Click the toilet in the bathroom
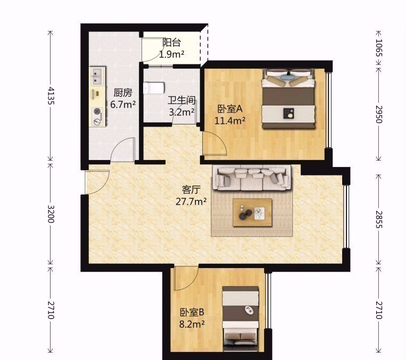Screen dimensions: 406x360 click(154, 88)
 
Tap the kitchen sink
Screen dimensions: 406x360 click(97, 77)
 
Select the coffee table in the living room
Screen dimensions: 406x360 click(252, 213)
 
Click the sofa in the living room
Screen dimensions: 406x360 click(251, 178)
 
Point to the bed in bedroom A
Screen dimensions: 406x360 click(288, 98)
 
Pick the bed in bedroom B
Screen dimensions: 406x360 click(241, 319)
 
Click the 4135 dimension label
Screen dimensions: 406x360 click(51, 96)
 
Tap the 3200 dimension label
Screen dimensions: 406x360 click(51, 214)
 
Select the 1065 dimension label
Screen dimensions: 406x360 click(378, 48)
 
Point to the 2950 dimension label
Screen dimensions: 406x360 click(378, 114)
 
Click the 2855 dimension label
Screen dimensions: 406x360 click(378, 219)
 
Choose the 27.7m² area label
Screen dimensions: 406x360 click(191, 201)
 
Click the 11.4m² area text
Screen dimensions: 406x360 click(230, 120)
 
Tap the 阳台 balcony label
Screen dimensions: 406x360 click(172, 43)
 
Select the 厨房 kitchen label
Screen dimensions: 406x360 click(123, 93)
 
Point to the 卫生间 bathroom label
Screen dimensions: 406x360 click(181, 101)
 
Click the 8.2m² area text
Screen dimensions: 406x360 click(192, 324)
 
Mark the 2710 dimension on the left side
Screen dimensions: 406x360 click(51, 310)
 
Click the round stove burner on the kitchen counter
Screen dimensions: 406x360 click(97, 111)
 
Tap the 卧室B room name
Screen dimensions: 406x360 click(192, 312)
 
